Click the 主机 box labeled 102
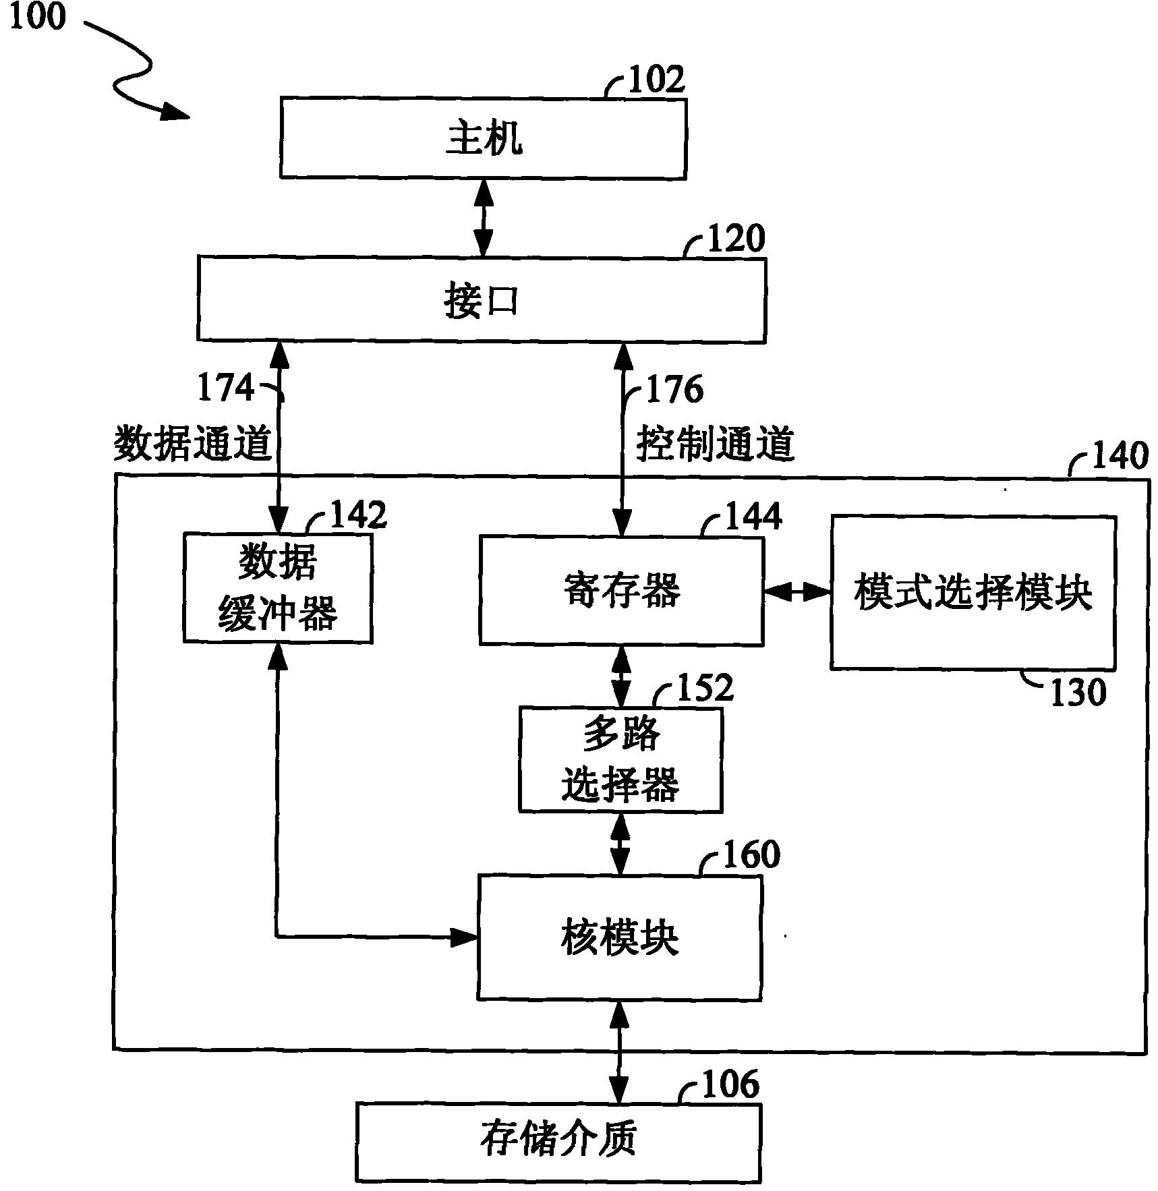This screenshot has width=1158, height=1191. pos(483,139)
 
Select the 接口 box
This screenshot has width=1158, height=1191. pos(481,300)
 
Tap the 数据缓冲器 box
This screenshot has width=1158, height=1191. pos(277,588)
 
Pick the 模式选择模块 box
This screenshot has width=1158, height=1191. pos(972,593)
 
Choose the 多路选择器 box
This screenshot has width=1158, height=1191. pos(620,759)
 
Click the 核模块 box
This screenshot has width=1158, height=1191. pos(619,937)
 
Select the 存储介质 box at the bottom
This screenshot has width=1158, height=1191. pos(558,1142)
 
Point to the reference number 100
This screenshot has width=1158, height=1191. pos(37,16)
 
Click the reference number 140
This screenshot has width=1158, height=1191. pos(1119,457)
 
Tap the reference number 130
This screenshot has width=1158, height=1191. pos(1078,693)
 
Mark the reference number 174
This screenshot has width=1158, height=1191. pos(225,388)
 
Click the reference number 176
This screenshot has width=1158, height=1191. pos(674,390)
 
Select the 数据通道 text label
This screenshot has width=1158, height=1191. pos(192,444)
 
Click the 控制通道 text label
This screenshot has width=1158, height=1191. pos(715,444)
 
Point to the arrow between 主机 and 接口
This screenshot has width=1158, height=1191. pos(483,218)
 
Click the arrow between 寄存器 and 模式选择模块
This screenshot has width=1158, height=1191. pos(797,592)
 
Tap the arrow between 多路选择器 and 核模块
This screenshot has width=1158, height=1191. pos(619,844)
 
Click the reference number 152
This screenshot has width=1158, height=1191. pos(704,688)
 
